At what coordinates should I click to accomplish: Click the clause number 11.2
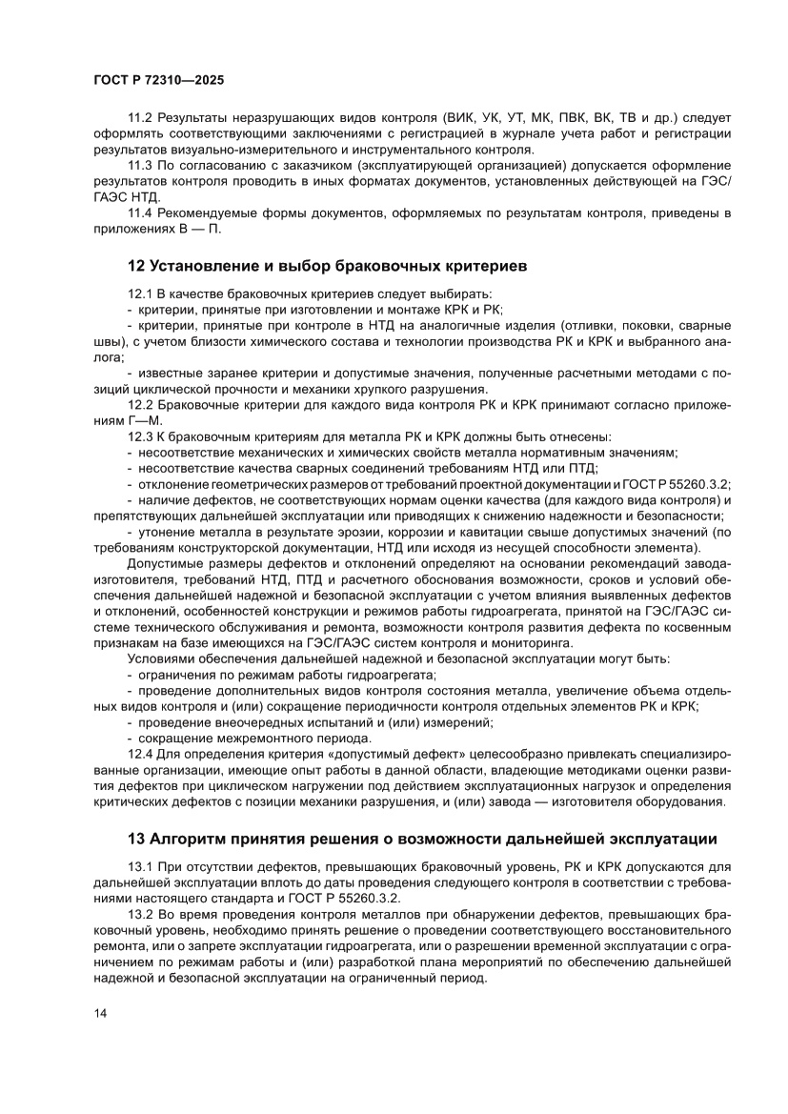141,119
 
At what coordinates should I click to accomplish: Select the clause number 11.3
141,166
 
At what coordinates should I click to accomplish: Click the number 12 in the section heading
135,265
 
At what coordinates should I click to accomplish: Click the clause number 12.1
141,294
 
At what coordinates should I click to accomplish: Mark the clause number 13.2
141,914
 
